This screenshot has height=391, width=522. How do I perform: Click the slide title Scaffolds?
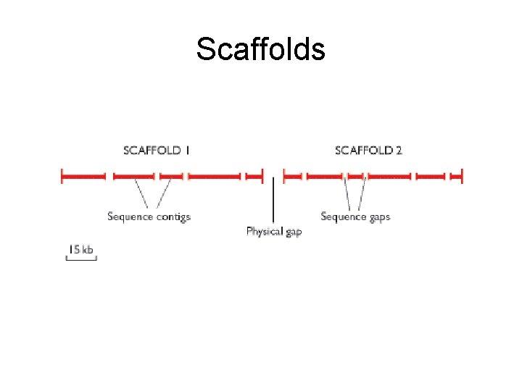[x=260, y=49]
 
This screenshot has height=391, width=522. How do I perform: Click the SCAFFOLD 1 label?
[x=157, y=151]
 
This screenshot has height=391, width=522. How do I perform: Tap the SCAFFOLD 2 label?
[x=368, y=151]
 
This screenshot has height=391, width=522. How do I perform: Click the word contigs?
[x=173, y=216]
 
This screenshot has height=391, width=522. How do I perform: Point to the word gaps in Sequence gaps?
[x=377, y=216]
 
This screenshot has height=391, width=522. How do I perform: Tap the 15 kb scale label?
[x=81, y=249]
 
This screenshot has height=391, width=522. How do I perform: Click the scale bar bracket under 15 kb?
[x=81, y=259]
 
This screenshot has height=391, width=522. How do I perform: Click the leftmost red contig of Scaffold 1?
[x=84, y=175]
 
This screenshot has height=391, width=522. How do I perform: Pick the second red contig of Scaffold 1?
[x=134, y=175]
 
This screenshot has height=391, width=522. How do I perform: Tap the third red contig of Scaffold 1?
[x=171, y=175]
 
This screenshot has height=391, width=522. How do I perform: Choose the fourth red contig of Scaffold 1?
[x=214, y=175]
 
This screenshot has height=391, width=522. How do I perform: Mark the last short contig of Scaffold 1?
[x=254, y=175]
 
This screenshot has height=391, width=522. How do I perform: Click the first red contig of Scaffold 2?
[x=292, y=175]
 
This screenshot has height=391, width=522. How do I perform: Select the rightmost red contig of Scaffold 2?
[x=456, y=175]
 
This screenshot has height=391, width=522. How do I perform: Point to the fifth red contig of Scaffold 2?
[x=430, y=175]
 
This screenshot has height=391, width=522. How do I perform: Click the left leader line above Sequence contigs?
[x=142, y=193]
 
